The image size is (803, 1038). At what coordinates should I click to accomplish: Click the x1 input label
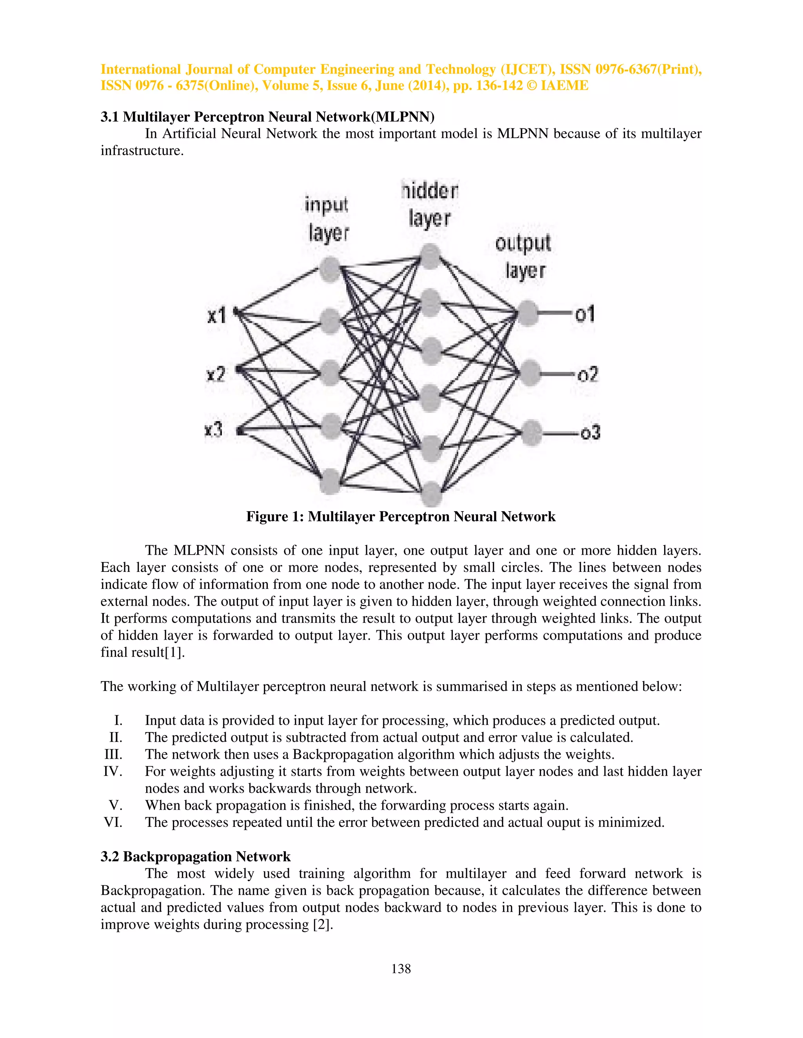tap(216, 315)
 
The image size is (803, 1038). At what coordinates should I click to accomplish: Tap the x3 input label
tap(214, 430)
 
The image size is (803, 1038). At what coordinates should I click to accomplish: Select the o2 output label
tap(587, 374)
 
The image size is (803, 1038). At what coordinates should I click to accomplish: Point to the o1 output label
tap(585, 314)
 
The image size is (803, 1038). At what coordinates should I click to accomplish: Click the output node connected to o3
tap(531, 432)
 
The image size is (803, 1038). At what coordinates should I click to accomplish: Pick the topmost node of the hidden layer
tap(431, 257)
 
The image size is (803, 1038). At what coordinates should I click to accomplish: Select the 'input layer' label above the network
tap(327, 219)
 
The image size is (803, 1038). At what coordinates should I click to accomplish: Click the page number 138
tap(401, 969)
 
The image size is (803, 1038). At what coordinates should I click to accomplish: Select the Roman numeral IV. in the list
tap(113, 771)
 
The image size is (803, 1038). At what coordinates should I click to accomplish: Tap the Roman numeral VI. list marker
tap(113, 822)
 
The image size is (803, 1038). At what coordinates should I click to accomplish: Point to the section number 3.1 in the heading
tap(110, 117)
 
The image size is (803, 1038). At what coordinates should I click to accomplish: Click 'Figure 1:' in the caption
tap(275, 517)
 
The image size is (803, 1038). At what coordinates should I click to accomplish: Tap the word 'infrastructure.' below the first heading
tap(142, 151)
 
